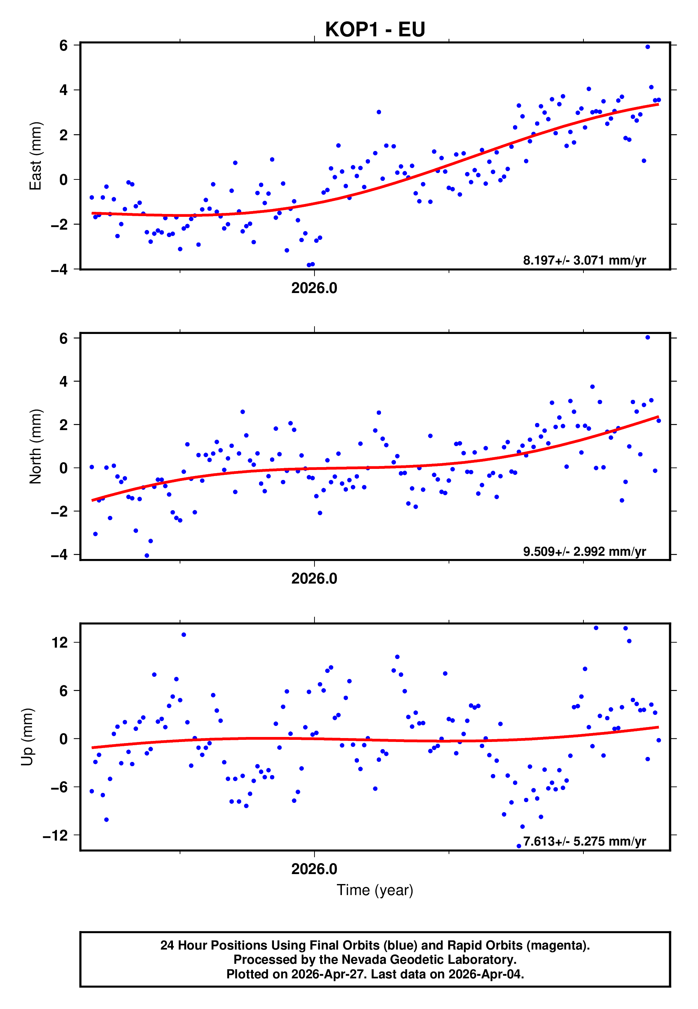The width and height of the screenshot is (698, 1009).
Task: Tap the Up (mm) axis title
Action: point(27,737)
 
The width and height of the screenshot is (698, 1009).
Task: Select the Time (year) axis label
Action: point(375,890)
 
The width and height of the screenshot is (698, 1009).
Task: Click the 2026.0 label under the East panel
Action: point(314,288)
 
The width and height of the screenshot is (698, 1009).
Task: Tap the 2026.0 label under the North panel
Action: point(314,579)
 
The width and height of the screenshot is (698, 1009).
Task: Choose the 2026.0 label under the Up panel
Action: point(314,869)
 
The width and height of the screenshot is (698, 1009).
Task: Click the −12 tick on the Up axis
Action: point(55,835)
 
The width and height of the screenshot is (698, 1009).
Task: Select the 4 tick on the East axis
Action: point(64,90)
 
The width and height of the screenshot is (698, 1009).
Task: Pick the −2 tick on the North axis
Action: point(59,511)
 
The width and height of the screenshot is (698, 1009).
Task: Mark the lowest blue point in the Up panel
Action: point(519,846)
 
